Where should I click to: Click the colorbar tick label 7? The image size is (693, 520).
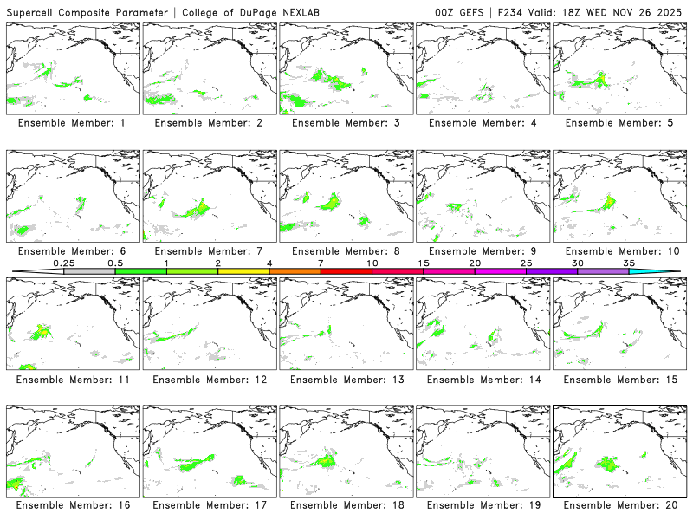pos(321,263)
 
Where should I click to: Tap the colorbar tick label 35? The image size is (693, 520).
pos(629,263)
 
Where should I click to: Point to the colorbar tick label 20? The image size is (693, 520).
pos(475,263)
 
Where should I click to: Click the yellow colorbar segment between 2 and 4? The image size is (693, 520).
pos(243,271)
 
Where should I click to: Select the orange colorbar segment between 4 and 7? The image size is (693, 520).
pos(295,271)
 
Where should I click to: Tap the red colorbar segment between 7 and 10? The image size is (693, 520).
pos(346,271)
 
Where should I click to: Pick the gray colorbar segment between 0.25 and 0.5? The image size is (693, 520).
pos(89,271)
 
